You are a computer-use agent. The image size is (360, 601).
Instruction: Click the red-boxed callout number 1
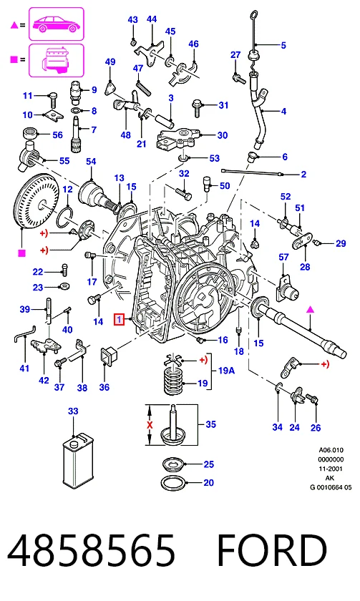coord(120,319)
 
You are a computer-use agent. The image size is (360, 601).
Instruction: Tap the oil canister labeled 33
coord(79,464)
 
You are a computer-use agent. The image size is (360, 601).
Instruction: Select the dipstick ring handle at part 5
coord(253,16)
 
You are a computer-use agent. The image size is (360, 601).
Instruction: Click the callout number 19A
coord(226,371)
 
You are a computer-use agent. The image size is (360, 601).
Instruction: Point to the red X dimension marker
coord(150,425)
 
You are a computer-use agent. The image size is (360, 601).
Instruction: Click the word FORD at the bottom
coord(272,550)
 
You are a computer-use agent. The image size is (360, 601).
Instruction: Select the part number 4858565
coord(91,550)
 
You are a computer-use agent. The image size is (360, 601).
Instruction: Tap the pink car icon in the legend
coord(57,24)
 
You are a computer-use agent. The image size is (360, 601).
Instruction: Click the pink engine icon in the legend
coord(57,61)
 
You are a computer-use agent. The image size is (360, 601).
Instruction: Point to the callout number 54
coord(91,162)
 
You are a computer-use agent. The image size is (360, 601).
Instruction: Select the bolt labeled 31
coord(197,108)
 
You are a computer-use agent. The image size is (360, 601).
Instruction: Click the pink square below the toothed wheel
coord(22,253)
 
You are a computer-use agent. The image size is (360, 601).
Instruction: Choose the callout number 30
coord(223,135)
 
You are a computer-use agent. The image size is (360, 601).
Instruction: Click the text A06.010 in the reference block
coord(331,450)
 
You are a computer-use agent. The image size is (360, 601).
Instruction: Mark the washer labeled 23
coord(64,286)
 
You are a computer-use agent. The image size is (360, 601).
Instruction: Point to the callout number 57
coord(283,257)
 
